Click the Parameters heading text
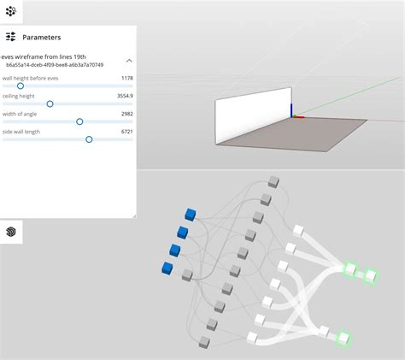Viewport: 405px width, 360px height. [x=41, y=38]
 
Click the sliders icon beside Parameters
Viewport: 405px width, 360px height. [x=11, y=38]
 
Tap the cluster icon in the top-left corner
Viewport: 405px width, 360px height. [x=11, y=11]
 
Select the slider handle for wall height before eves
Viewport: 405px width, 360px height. [x=21, y=86]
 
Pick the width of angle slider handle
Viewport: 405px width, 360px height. [x=79, y=121]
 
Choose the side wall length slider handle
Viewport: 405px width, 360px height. [x=89, y=139]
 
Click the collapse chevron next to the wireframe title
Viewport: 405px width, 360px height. [x=129, y=61]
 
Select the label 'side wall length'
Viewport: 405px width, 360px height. [x=25, y=132]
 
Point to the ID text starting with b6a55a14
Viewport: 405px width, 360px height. [x=55, y=65]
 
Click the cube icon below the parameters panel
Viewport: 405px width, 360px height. [x=11, y=232]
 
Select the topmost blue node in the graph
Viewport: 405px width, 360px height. [x=191, y=215]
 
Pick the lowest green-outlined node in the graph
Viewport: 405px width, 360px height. [x=343, y=338]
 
